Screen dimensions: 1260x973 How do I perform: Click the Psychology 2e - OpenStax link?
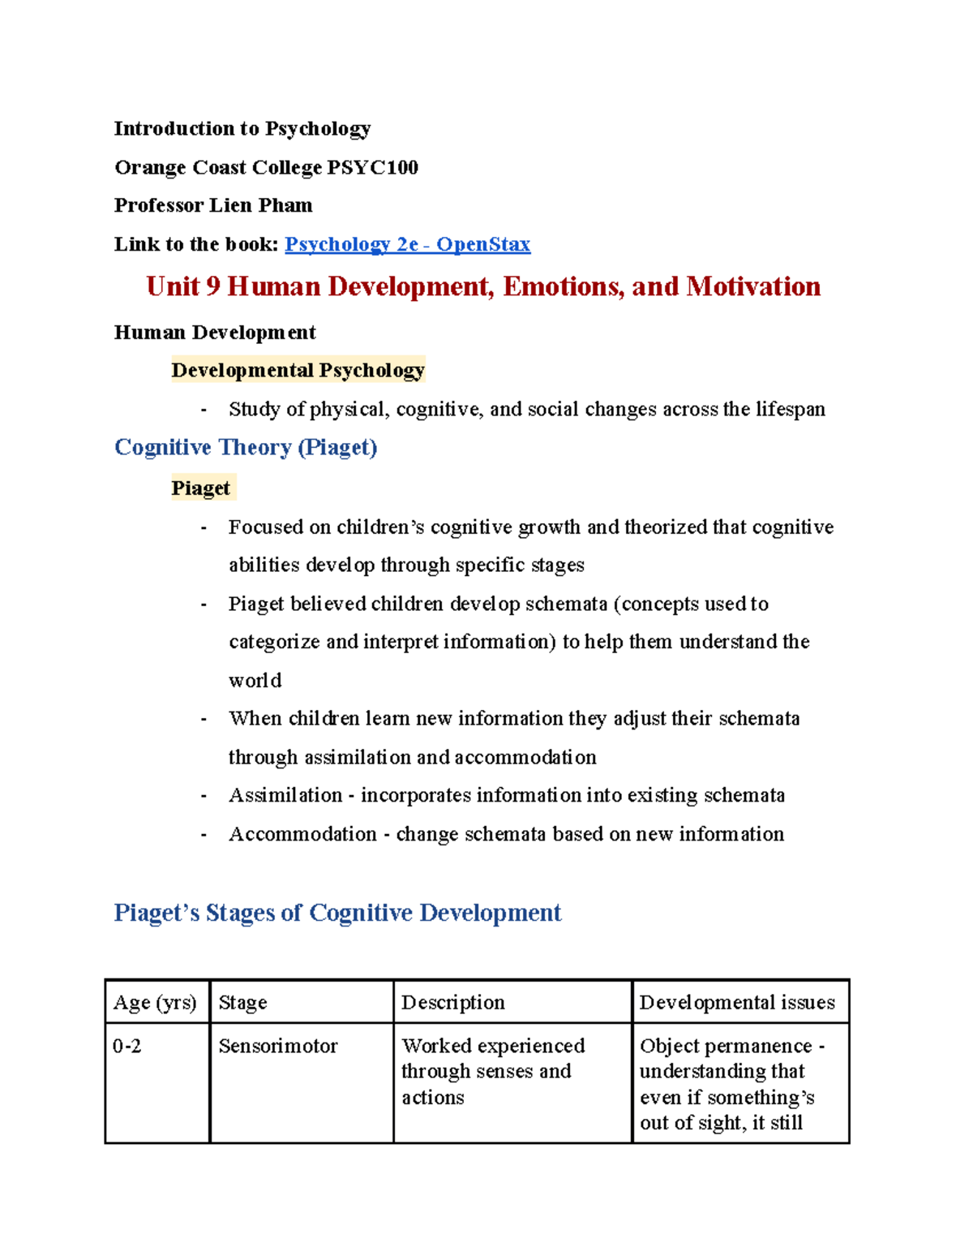pos(407,244)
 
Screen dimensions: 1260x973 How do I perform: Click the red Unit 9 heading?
pos(483,286)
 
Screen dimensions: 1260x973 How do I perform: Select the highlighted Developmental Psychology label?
pos(298,370)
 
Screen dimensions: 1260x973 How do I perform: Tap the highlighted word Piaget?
pos(201,488)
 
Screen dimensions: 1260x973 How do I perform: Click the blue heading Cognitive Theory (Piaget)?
pos(246,447)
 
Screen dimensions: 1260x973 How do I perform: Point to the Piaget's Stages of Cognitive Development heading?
pos(337,913)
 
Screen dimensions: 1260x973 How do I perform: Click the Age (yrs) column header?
pos(155,1003)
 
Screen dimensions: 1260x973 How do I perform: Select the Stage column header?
pos(242,1003)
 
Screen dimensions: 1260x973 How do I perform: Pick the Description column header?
pos(452,1003)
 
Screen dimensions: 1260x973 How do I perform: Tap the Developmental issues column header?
pos(736,1003)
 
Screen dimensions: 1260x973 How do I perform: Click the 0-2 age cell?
pos(127,1047)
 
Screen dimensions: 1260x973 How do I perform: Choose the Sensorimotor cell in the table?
pos(277,1047)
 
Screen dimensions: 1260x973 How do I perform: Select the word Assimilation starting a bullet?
pos(285,795)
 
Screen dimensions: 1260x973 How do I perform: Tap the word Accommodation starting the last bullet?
pos(302,834)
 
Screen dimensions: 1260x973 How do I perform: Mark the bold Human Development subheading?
pos(215,333)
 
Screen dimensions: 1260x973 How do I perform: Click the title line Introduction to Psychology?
pos(242,129)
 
